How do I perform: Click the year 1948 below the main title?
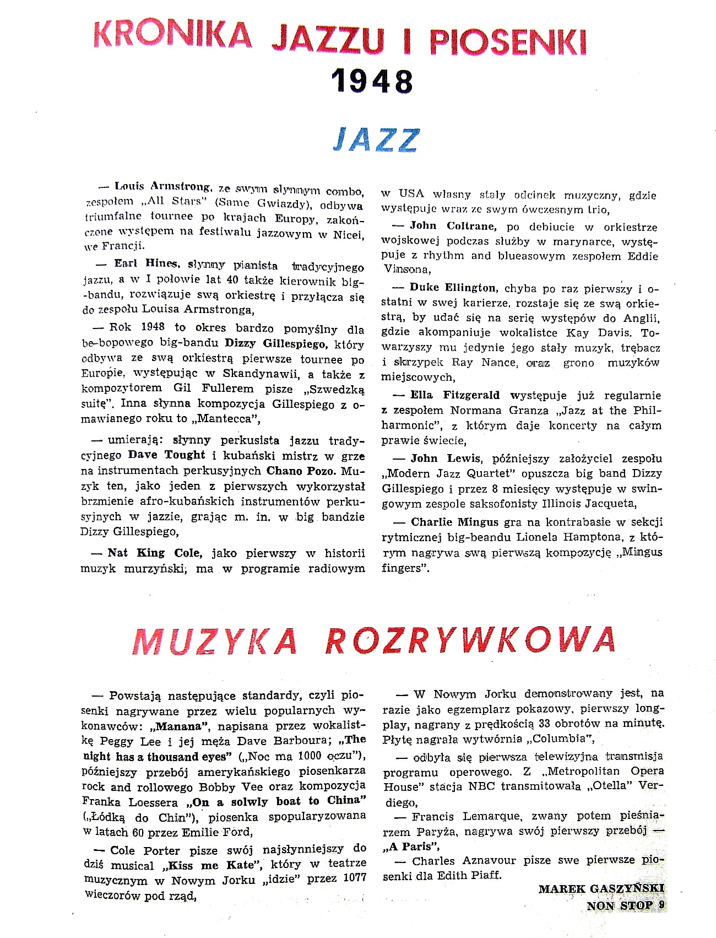(x=372, y=81)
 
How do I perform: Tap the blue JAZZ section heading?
(x=376, y=140)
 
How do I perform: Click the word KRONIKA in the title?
(x=172, y=35)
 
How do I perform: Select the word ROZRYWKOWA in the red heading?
(x=470, y=640)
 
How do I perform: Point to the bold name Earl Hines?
(x=142, y=264)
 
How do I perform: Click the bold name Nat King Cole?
(x=155, y=553)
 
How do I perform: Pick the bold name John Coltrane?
(x=453, y=225)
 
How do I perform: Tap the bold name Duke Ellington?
(x=453, y=287)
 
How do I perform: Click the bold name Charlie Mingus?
(x=455, y=521)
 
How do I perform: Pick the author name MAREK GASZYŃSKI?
(x=601, y=888)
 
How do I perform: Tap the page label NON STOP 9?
(x=626, y=905)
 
